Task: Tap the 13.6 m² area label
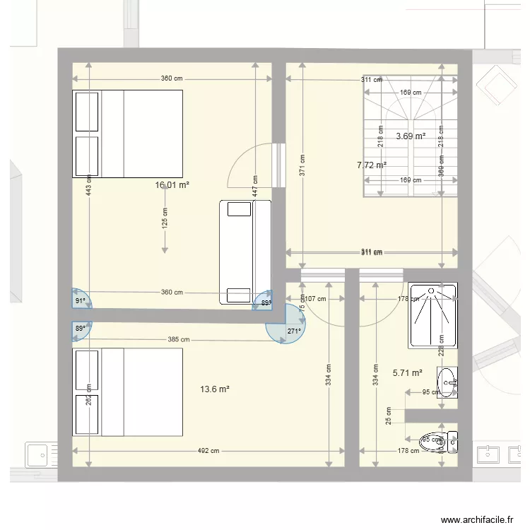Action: pyautogui.click(x=216, y=389)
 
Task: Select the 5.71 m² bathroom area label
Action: pyautogui.click(x=407, y=372)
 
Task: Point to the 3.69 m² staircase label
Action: pyautogui.click(x=411, y=136)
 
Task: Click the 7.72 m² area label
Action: pyautogui.click(x=372, y=165)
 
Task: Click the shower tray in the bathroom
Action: pyautogui.click(x=432, y=315)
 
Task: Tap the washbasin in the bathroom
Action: pyautogui.click(x=447, y=383)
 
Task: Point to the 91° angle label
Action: pyautogui.click(x=80, y=301)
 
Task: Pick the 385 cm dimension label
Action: pyautogui.click(x=178, y=339)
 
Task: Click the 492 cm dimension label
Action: pyautogui.click(x=208, y=451)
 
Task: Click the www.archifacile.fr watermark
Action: pyautogui.click(x=476, y=519)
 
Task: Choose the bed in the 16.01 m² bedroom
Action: pyautogui.click(x=128, y=134)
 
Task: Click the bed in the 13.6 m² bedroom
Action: pyautogui.click(x=128, y=392)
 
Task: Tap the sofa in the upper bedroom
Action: pyautogui.click(x=245, y=252)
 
